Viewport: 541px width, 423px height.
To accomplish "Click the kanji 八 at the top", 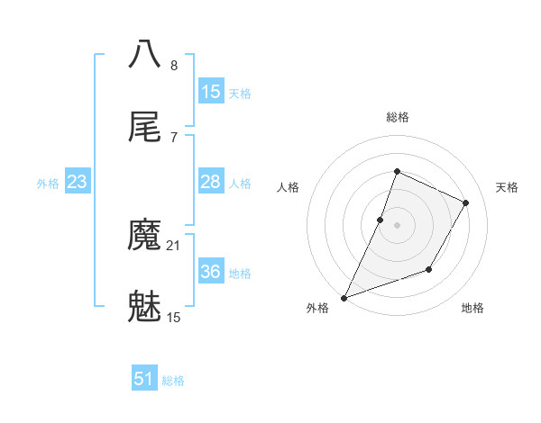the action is click(145, 53).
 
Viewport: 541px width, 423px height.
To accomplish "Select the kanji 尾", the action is click(145, 127).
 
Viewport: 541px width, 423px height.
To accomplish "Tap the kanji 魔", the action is click(145, 237).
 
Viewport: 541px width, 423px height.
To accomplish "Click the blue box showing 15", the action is click(211, 92).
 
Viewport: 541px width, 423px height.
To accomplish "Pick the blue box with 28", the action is click(211, 182).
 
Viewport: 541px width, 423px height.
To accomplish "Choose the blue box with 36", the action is click(211, 272).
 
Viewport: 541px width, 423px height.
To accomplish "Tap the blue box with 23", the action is click(78, 182).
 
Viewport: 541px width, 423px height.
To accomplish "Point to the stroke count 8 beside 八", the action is click(174, 65).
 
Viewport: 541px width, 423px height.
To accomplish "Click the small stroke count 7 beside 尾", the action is click(173, 137).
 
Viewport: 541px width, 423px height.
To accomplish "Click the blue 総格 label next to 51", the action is click(173, 381).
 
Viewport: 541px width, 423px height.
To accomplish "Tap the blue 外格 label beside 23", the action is click(48, 184).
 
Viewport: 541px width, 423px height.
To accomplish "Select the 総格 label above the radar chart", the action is click(398, 117).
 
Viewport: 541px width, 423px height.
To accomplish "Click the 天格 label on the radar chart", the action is click(507, 187).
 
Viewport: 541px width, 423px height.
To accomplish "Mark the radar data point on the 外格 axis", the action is click(344, 298).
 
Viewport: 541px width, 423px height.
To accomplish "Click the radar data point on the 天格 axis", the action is click(466, 202).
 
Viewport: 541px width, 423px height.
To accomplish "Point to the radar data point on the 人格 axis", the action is click(381, 220).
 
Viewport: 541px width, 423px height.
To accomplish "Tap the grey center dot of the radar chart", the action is click(398, 225).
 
